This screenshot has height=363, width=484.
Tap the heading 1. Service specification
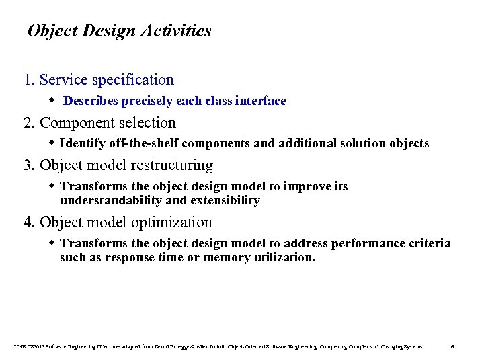click(x=99, y=80)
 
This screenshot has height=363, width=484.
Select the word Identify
click(x=81, y=144)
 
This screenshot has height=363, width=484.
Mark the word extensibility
click(x=226, y=200)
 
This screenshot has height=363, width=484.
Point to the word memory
click(x=226, y=257)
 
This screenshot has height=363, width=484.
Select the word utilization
click(x=283, y=257)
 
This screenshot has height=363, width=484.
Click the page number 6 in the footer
click(x=452, y=346)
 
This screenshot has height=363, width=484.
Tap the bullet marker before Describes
click(x=53, y=101)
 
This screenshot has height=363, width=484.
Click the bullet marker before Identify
click(x=53, y=143)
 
